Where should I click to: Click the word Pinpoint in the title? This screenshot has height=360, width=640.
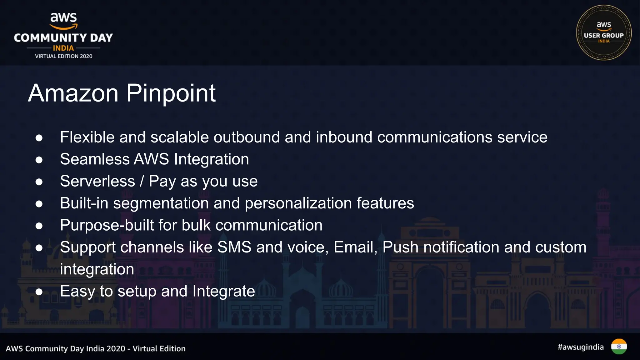[171, 93]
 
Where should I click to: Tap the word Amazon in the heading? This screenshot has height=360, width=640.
[73, 93]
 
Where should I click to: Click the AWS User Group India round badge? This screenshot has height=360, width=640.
[603, 32]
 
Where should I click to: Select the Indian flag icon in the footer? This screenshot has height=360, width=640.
[619, 347]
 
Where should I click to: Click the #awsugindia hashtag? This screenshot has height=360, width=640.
[581, 347]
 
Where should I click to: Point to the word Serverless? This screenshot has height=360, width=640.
[97, 181]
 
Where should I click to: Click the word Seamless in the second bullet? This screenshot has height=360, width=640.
[94, 159]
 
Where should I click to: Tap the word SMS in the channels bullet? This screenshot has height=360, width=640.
[234, 247]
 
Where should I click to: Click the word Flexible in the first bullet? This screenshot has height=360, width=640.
[87, 137]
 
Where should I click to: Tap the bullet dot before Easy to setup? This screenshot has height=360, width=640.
[39, 292]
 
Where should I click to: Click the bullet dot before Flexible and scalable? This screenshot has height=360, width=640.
[39, 138]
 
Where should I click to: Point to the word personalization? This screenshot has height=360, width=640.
[298, 203]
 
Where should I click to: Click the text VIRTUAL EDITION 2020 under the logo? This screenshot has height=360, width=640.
[63, 56]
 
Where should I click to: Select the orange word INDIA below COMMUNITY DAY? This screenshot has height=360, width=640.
[63, 48]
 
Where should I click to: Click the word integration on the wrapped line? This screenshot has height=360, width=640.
[97, 269]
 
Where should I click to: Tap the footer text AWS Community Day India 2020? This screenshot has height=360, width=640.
[65, 349]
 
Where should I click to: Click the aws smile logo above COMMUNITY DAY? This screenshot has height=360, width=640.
[63, 21]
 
